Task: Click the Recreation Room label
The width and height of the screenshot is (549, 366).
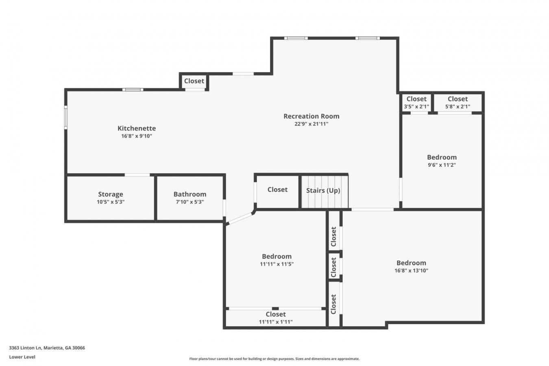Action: tap(311, 116)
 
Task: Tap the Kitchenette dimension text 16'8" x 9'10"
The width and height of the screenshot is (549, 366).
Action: tap(137, 136)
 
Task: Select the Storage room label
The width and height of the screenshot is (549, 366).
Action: tap(111, 194)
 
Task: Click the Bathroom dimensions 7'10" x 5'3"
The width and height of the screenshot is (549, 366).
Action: tap(190, 202)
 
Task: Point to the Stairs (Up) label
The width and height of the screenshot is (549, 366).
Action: tap(323, 191)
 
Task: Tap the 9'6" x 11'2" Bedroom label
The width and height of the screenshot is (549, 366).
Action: tap(442, 157)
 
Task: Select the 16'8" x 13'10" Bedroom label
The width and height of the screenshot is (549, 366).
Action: tap(411, 263)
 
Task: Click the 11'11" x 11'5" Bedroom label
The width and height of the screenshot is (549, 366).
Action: tap(277, 256)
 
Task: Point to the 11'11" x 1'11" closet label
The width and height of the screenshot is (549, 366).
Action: tap(276, 314)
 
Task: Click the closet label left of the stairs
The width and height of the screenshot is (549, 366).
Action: tap(277, 190)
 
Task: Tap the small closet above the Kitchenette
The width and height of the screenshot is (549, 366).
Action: tap(194, 81)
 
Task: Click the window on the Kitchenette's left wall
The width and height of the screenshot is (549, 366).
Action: tap(66, 117)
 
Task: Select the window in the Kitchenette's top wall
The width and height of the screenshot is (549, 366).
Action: tap(133, 90)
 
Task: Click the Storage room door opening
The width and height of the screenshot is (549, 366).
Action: tap(137, 175)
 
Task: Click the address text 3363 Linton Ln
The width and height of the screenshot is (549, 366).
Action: tap(26, 348)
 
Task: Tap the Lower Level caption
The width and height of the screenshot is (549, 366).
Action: tap(22, 357)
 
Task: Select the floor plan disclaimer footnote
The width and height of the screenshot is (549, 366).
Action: tap(274, 359)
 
